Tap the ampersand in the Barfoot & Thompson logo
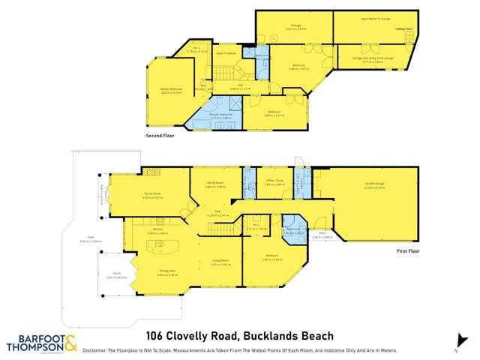pyautogui.click(x=69, y=343)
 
